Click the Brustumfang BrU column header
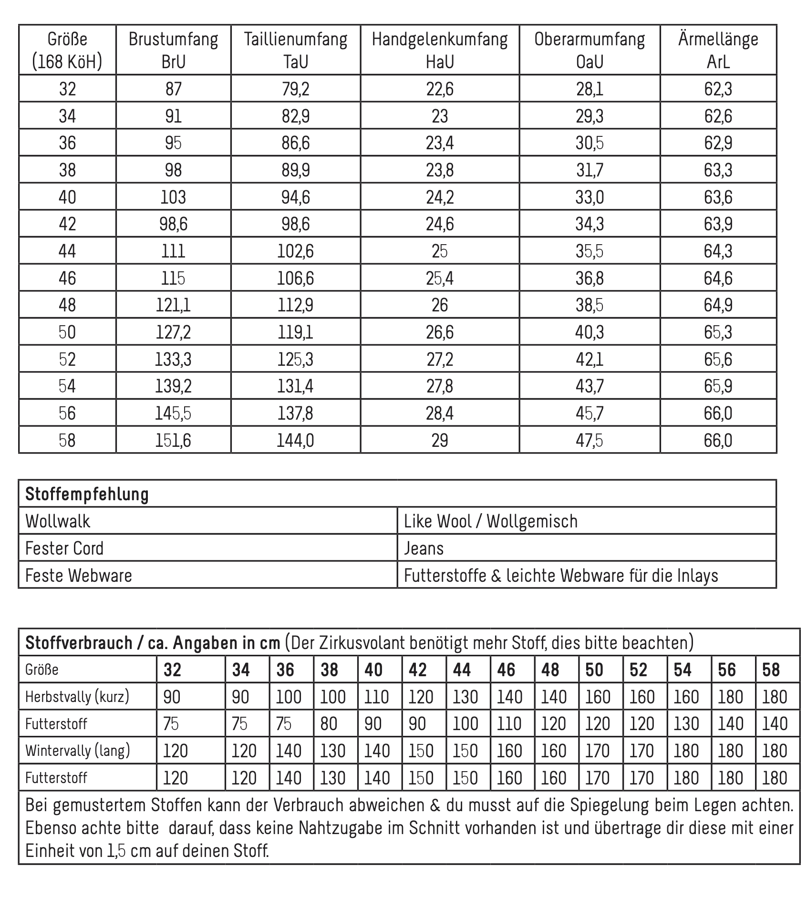click(173, 50)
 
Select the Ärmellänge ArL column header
click(718, 50)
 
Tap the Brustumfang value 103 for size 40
click(173, 197)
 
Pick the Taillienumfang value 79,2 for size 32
click(296, 89)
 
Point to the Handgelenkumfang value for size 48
click(440, 305)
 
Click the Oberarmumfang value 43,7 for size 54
click(590, 386)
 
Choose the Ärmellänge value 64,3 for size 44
click(718, 251)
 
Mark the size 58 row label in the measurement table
click(67, 440)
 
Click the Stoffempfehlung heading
click(87, 494)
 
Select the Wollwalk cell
click(58, 521)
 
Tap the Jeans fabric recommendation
click(424, 548)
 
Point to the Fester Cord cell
click(64, 548)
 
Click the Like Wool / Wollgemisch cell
click(491, 521)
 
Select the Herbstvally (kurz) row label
click(77, 697)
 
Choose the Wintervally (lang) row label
click(78, 751)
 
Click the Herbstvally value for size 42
click(421, 697)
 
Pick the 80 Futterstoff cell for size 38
click(329, 724)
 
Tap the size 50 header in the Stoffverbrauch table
click(594, 670)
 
